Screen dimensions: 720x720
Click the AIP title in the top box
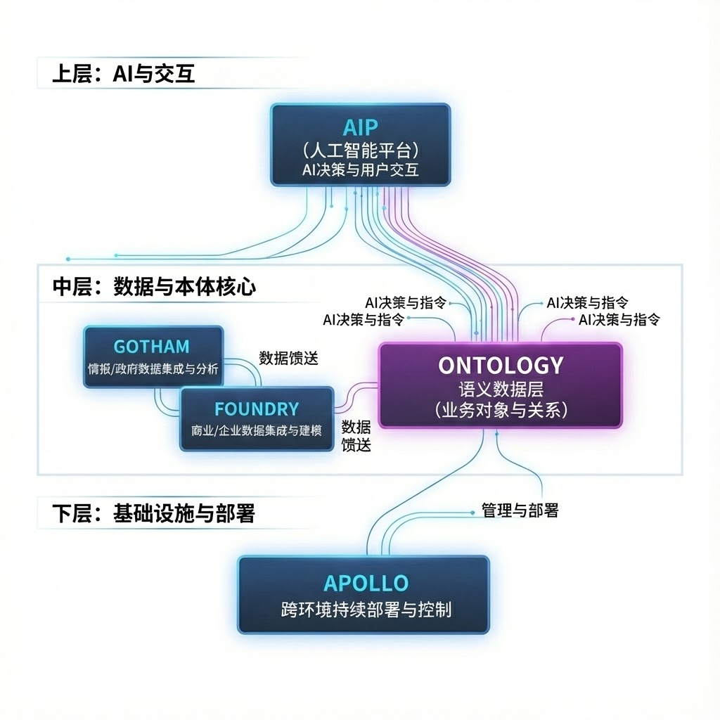[x=360, y=127]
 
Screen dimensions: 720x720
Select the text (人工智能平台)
[x=360, y=150]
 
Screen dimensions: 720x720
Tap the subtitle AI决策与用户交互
[x=360, y=169]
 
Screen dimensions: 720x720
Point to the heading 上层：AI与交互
[x=123, y=75]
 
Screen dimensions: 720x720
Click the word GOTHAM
[x=151, y=346]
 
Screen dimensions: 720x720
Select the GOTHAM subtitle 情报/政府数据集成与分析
[x=153, y=368]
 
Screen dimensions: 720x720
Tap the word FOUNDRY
[x=257, y=409]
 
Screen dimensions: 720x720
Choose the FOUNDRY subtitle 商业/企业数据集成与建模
[x=257, y=430]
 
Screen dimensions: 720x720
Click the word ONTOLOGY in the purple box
[x=501, y=365]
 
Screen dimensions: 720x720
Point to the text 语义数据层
[x=501, y=388]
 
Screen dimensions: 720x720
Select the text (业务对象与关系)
[x=501, y=411]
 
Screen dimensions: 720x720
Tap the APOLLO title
[x=366, y=583]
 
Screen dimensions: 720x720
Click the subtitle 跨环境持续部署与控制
[x=366, y=609]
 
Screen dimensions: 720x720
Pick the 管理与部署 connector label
[x=520, y=511]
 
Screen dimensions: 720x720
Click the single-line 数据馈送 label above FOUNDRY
[x=288, y=358]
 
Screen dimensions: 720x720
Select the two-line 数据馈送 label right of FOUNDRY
[x=356, y=435]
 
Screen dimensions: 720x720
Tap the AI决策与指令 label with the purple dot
[x=619, y=320]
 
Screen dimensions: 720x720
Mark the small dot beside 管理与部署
[x=472, y=511]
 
